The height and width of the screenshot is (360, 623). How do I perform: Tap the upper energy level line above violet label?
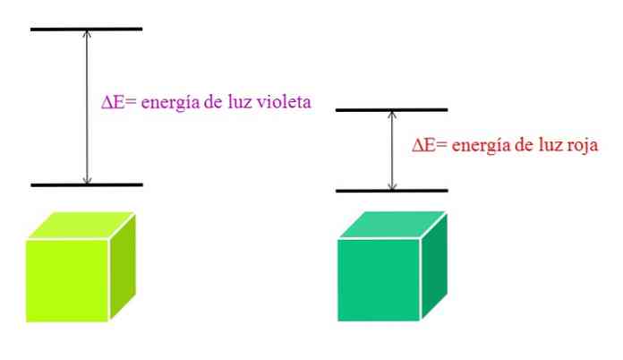87,29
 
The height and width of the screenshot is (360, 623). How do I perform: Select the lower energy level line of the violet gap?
87,185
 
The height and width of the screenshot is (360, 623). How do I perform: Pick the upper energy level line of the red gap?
391,110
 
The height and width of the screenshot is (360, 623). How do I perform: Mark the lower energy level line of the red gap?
391,191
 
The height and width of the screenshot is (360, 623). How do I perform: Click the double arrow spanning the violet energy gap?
87,107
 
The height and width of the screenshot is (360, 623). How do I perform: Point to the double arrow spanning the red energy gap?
391,150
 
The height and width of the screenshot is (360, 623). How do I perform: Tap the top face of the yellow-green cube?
81,226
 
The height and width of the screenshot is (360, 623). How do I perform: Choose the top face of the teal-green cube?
392,226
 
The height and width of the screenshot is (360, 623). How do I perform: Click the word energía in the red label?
480,145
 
